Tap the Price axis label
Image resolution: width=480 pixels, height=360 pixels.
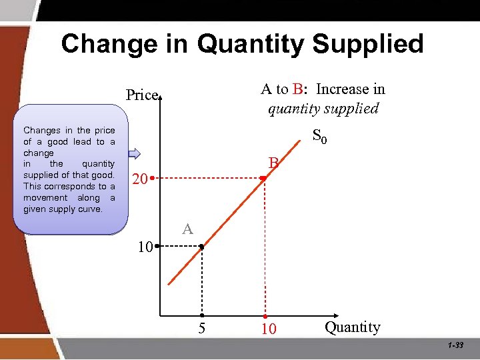pyautogui.click(x=142, y=95)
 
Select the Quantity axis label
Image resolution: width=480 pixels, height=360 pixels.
pyautogui.click(x=352, y=327)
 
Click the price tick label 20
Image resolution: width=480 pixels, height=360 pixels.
pyautogui.click(x=139, y=180)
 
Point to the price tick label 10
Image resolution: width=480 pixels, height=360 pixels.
pyautogui.click(x=144, y=247)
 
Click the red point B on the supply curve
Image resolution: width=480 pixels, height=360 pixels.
pyautogui.click(x=264, y=179)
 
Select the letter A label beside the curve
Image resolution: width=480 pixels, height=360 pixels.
pyautogui.click(x=187, y=230)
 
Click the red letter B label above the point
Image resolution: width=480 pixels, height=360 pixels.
pyautogui.click(x=273, y=163)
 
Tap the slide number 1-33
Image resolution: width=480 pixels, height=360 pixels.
pyautogui.click(x=456, y=345)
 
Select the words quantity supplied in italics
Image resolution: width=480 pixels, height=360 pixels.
pyautogui.click(x=323, y=108)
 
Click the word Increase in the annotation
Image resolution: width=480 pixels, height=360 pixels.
pyautogui.click(x=341, y=89)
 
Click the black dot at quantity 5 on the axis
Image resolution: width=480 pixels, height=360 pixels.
pyautogui.click(x=201, y=315)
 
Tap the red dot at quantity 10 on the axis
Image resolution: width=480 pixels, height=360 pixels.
pyautogui.click(x=265, y=315)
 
